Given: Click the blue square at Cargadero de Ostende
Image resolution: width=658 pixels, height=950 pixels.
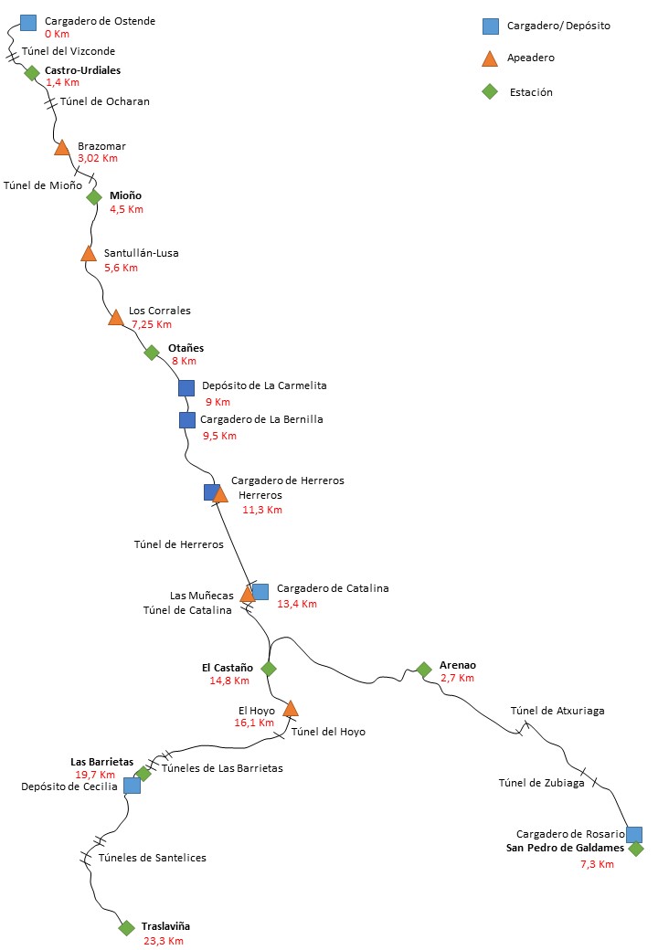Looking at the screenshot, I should coord(27,22).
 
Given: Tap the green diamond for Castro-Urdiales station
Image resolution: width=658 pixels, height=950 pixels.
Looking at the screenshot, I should coord(32,73).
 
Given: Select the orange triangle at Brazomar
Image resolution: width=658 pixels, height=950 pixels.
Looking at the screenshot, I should coord(62,147).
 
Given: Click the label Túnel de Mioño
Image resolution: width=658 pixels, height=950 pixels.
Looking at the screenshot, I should coord(43,185).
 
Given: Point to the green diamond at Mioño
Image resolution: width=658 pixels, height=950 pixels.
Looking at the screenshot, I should coord(94,196).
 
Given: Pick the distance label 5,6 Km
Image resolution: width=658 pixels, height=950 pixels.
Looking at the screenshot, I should coord(121,268).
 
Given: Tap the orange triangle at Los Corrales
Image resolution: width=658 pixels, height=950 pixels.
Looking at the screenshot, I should coord(115,318).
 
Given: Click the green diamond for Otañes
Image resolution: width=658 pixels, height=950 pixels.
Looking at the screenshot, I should coord(152,353).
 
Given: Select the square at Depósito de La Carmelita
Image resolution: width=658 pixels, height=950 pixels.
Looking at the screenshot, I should coord(186,387).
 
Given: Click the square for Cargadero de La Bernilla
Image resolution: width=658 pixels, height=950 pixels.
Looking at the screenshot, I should coord(186,420).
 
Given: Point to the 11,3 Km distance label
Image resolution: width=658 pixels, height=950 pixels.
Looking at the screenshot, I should coord(262,510).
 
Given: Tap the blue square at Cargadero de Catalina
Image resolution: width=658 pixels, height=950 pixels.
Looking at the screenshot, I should coord(260,591).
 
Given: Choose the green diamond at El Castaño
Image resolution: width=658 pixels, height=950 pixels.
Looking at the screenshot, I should coord(269,669).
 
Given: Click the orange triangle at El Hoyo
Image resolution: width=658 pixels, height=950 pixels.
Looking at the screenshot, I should coord(291,709).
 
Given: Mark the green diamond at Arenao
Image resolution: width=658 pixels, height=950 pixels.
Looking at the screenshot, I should coord(423,670).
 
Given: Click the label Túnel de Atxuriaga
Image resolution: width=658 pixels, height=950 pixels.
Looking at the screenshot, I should coord(557,711).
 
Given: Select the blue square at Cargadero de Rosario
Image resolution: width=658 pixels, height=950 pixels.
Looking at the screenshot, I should coord(633,834).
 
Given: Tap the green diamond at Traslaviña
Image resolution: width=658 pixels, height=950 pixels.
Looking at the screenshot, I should coord(126,928).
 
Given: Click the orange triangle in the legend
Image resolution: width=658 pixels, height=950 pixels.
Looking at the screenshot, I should coord(490,58).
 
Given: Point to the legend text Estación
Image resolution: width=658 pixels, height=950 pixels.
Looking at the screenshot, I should coord(530,91).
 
